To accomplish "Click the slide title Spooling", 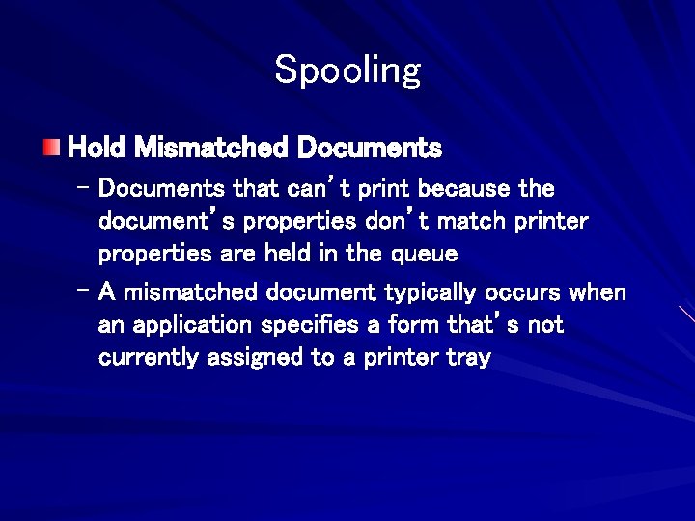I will pyautogui.click(x=347, y=70).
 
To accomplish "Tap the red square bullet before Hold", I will pyautogui.click(x=52, y=148).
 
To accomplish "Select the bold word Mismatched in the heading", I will pyautogui.click(x=211, y=148).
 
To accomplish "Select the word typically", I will pyautogui.click(x=435, y=292).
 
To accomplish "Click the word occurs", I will pyautogui.click(x=529, y=292).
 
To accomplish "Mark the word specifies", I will pyautogui.click(x=308, y=325).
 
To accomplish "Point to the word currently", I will pyautogui.click(x=144, y=359).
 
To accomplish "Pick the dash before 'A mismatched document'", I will pyautogui.click(x=82, y=289).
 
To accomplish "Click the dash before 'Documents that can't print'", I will pyautogui.click(x=82, y=184).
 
